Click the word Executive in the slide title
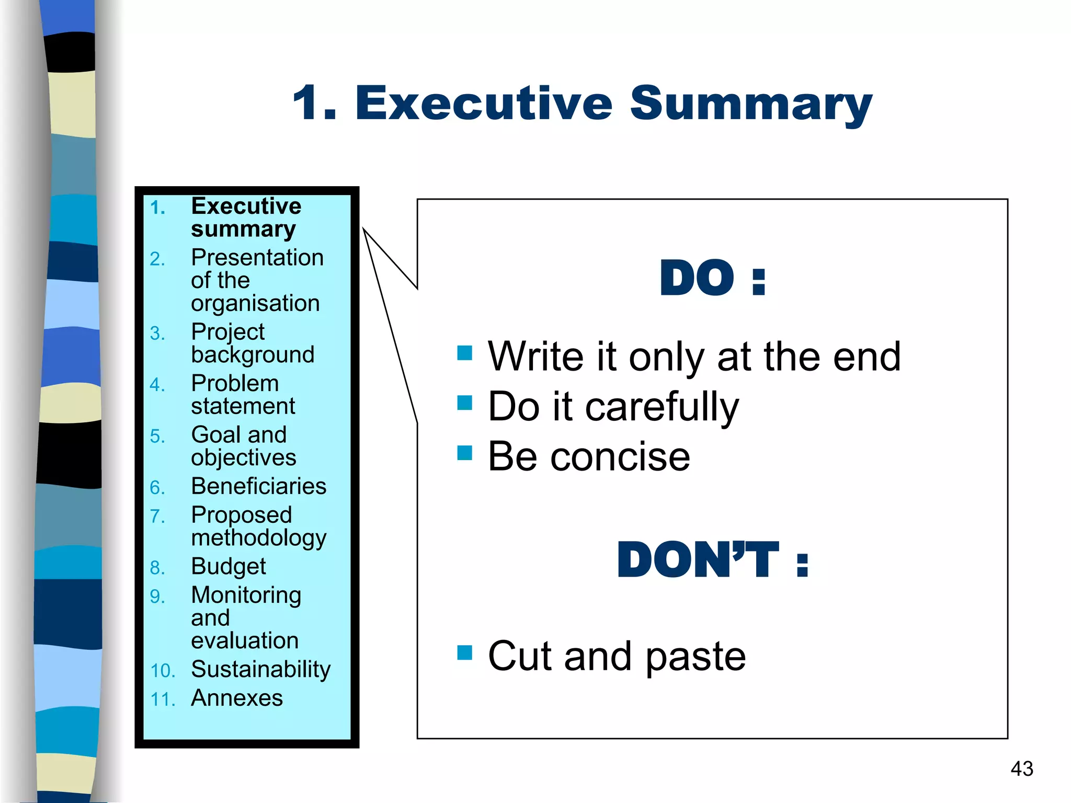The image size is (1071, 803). pos(484,103)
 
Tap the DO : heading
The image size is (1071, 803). pos(713,278)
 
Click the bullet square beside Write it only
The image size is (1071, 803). pos(464,353)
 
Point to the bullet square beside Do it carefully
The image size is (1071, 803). pos(464,403)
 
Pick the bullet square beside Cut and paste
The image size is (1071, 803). pos(464,652)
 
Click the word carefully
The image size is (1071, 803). pos(662,407)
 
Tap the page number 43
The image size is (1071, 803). pos(1022,768)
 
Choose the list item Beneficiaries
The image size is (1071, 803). pos(259,486)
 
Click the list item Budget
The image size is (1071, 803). pos(229,566)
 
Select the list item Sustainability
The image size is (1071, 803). pos(261,669)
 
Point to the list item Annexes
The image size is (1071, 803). pos(237,698)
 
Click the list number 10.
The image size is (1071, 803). pos(162,671)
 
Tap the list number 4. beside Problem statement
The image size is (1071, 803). pos(157,385)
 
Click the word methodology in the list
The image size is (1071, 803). pos(259,538)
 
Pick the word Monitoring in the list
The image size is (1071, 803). pos(246,595)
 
